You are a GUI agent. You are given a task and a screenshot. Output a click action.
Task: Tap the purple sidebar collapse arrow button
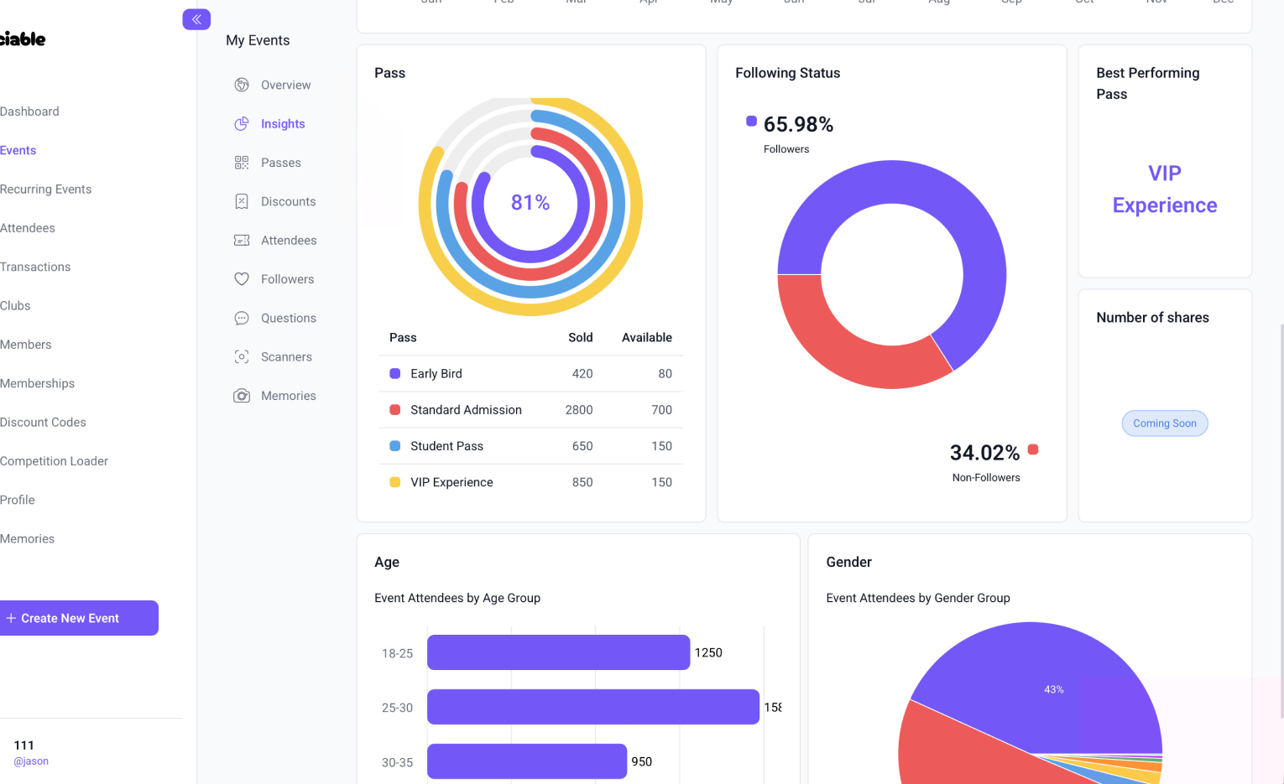pos(196,19)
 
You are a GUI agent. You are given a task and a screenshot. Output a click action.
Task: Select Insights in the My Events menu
pos(282,124)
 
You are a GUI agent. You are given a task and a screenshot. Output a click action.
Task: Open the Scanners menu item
pos(285,357)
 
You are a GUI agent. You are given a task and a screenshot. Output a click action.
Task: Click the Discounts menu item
pos(288,202)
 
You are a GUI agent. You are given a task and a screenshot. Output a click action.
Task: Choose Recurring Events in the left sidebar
pos(46,190)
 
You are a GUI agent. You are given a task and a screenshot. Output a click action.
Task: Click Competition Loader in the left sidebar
pos(55,461)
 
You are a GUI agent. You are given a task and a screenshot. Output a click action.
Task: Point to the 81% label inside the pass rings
pos(530,203)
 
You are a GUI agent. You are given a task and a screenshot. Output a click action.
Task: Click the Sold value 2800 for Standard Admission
pos(578,410)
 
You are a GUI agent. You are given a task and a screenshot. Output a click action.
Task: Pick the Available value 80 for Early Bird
pos(665,374)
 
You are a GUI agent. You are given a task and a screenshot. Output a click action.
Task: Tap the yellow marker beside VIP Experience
pos(395,482)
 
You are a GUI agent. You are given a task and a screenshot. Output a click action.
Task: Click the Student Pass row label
pos(446,446)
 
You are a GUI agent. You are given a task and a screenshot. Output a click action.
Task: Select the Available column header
pos(646,338)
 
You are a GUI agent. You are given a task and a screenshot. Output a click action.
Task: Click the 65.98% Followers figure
pos(798,125)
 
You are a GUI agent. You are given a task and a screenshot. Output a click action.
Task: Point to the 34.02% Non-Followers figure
pos(984,454)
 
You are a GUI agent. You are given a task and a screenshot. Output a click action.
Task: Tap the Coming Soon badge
pos(1165,423)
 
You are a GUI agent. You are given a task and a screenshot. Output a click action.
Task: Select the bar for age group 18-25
pos(558,652)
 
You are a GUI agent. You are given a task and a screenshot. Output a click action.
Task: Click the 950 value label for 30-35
pos(642,761)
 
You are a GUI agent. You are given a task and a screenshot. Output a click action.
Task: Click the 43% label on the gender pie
pos(1053,689)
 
